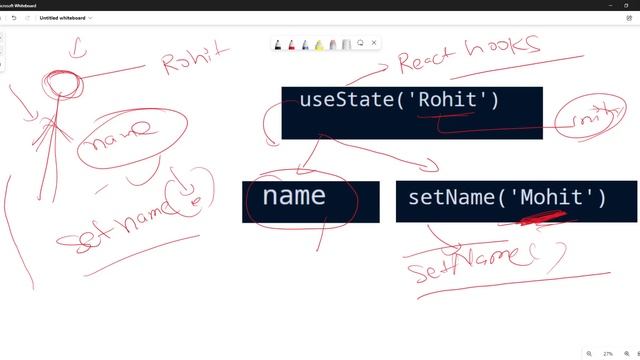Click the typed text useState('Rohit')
[x=398, y=100]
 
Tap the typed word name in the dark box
[x=293, y=196]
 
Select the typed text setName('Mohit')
[x=507, y=198]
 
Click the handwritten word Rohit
[x=196, y=60]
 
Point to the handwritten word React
[x=428, y=60]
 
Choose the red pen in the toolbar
[x=291, y=44]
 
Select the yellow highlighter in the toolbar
[x=319, y=44]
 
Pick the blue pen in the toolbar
[x=305, y=44]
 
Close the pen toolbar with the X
[x=374, y=43]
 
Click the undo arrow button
[x=13, y=17]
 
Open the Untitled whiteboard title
[x=64, y=17]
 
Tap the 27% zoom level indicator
[x=607, y=353]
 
